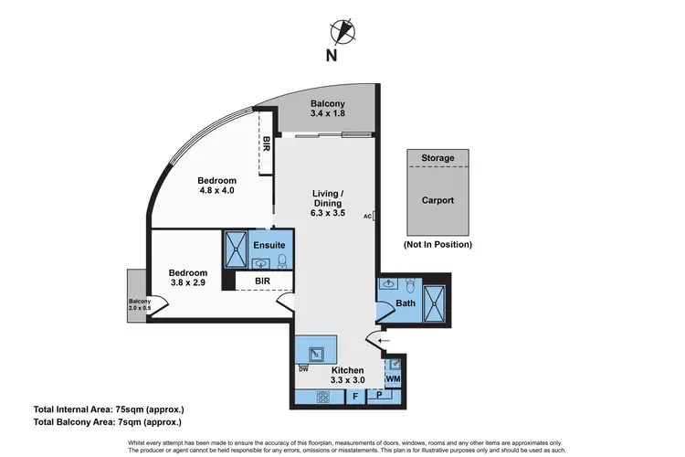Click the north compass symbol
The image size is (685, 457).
click(x=342, y=30)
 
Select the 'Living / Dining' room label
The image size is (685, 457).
click(x=326, y=203)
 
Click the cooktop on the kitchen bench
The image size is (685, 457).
click(x=321, y=397)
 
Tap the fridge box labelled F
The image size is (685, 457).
click(x=354, y=397)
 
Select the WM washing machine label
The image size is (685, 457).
click(x=393, y=378)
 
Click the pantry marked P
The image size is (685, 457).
click(x=379, y=397)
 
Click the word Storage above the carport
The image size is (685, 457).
click(x=437, y=158)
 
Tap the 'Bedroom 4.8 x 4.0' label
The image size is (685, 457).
click(x=216, y=185)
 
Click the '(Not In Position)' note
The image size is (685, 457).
click(x=437, y=244)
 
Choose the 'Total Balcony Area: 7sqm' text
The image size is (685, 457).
click(x=107, y=422)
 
